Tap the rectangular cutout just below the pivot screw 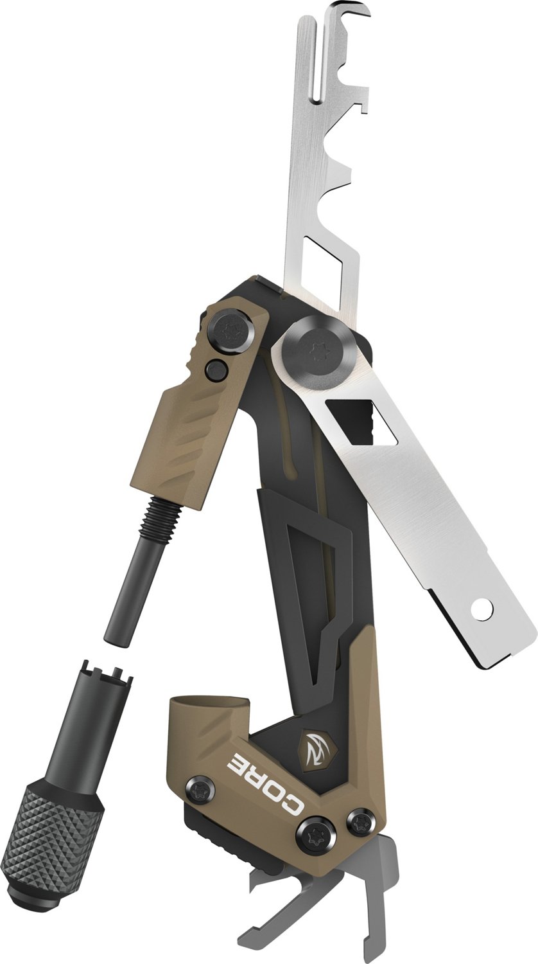pos(350,422)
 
